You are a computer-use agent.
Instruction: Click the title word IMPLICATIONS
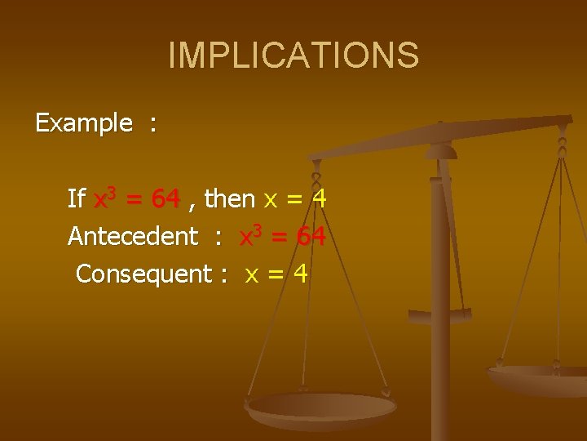click(x=293, y=55)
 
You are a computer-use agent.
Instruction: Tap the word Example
click(x=83, y=123)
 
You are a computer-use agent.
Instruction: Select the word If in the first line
click(x=77, y=198)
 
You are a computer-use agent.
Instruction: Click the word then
click(x=230, y=198)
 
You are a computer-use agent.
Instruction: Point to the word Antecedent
click(x=133, y=237)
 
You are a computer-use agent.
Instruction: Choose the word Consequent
click(x=143, y=274)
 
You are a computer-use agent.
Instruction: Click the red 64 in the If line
click(x=166, y=198)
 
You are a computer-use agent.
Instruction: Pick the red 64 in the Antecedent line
click(x=311, y=237)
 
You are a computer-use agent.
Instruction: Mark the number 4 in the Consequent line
click(x=301, y=274)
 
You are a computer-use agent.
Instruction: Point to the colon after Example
click(x=152, y=125)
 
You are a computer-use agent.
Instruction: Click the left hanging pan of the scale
click(x=321, y=406)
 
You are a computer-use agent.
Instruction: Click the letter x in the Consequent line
click(x=253, y=276)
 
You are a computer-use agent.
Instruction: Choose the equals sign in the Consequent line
click(x=276, y=275)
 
